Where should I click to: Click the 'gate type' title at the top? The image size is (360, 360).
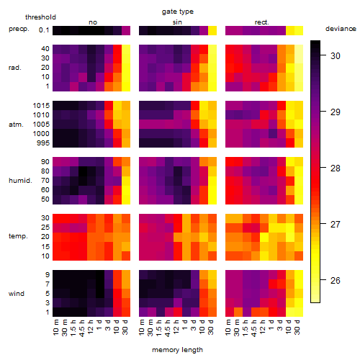(x=178, y=12)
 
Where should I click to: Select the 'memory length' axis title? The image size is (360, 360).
(x=177, y=350)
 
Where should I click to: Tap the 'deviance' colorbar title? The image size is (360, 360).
(x=341, y=29)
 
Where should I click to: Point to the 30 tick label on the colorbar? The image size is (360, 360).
(x=336, y=56)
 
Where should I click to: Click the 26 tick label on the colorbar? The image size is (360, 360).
(x=336, y=280)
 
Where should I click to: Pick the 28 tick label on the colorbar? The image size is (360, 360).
(x=336, y=168)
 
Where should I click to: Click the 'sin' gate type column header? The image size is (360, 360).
(x=177, y=22)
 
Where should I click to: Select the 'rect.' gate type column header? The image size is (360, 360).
(x=261, y=22)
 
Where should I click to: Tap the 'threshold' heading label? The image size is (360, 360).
(x=40, y=17)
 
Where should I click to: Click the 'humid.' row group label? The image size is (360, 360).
(x=20, y=181)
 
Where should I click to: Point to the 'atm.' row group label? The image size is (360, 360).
(x=16, y=125)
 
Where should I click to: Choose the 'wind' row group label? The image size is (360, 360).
(x=17, y=294)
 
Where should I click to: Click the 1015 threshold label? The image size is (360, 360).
(x=41, y=106)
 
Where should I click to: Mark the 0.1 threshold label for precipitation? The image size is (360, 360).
(x=44, y=30)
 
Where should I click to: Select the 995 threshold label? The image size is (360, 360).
(x=43, y=143)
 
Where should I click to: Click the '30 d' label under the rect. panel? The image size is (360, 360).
(x=297, y=327)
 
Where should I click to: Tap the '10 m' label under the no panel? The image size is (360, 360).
(x=55, y=328)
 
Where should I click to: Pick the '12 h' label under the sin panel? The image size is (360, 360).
(x=176, y=327)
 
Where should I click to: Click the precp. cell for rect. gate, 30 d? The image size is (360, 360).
(x=299, y=30)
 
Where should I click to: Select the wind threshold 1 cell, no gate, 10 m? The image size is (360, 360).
(x=57, y=312)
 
